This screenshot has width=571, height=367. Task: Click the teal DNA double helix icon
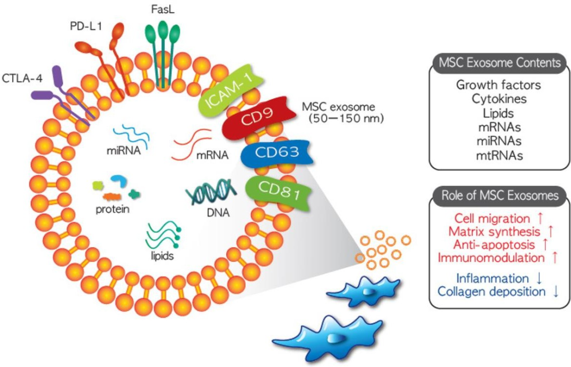(x=210, y=194)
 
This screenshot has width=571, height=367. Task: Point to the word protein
(x=113, y=210)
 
